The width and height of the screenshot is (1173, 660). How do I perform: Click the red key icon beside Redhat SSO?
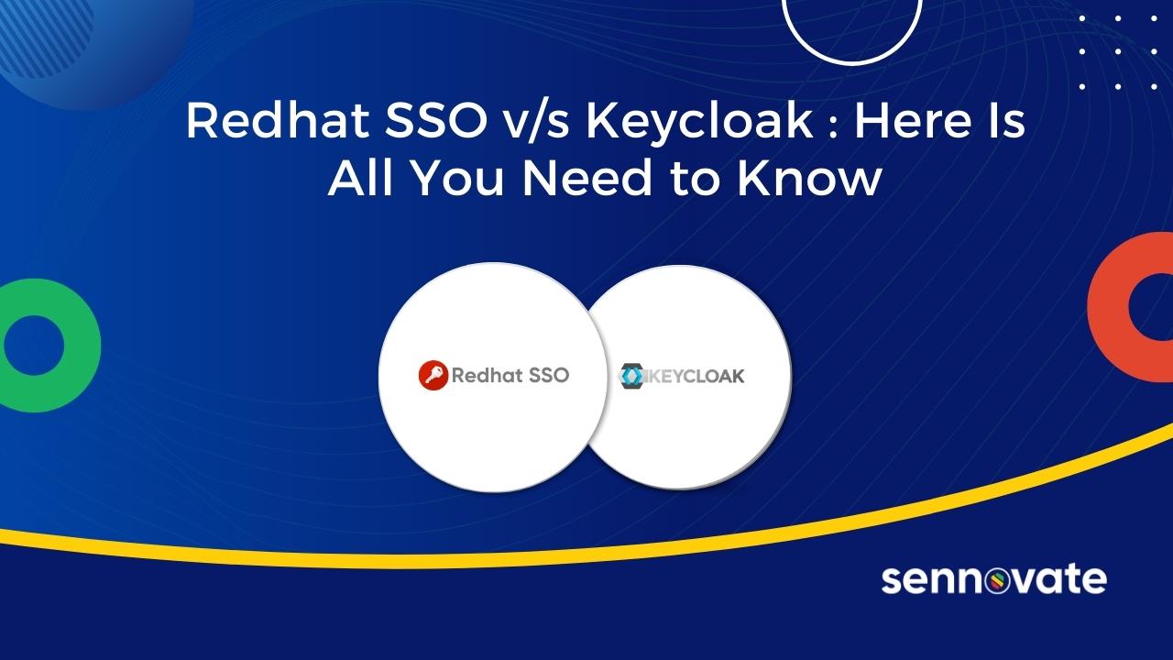click(433, 376)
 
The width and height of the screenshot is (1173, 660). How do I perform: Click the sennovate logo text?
click(993, 579)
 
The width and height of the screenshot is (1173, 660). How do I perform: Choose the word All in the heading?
click(361, 179)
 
